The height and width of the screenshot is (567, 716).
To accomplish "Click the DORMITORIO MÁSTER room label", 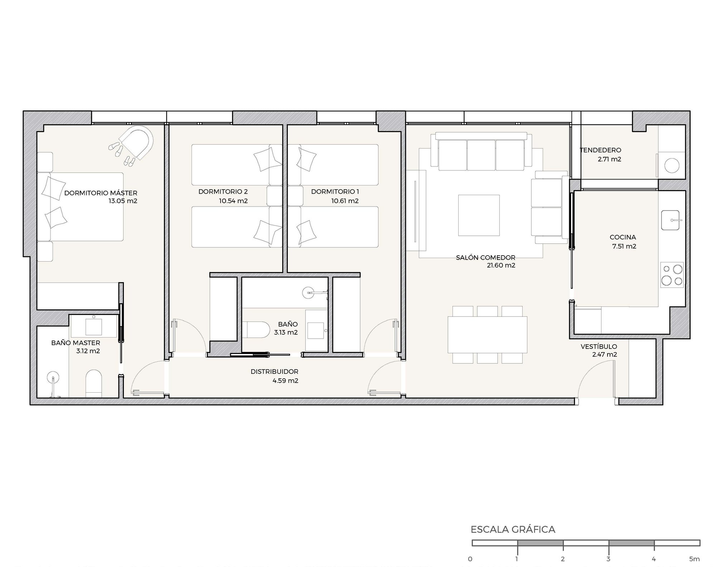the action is click(x=101, y=193).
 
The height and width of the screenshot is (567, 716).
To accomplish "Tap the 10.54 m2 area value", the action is click(x=233, y=201).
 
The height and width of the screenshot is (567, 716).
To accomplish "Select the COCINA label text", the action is click(x=623, y=237).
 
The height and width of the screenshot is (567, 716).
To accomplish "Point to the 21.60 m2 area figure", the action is click(x=501, y=266).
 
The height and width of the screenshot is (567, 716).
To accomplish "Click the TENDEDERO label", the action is click(x=601, y=150).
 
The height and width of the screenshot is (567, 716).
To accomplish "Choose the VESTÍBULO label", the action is click(x=599, y=346).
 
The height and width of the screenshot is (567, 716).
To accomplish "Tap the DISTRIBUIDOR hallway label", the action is click(x=275, y=372).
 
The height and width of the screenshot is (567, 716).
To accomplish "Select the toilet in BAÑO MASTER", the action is click(x=94, y=383).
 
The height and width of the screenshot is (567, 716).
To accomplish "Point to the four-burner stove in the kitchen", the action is click(x=672, y=275).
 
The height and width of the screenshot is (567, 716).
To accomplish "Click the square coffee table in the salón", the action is click(x=479, y=215).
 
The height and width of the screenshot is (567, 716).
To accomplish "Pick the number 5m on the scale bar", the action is click(x=694, y=559).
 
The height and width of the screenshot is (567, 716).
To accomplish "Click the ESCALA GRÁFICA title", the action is click(x=513, y=529).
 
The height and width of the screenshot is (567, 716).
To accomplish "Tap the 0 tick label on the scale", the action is click(x=470, y=559).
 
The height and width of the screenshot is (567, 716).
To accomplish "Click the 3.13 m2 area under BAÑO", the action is click(x=286, y=333).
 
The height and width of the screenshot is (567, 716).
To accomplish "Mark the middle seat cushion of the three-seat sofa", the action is click(x=481, y=155).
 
